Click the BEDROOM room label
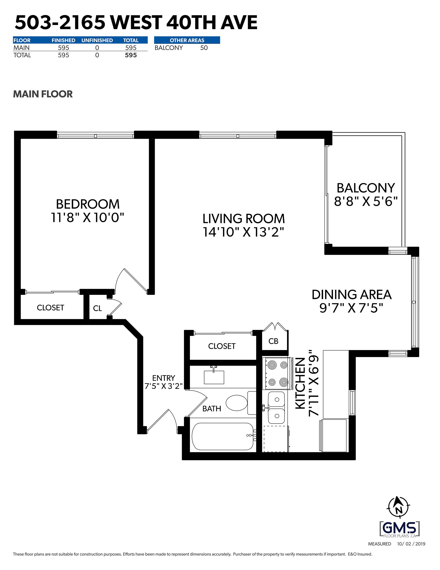click(88, 204)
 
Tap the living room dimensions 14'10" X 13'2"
click(243, 232)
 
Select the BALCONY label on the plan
click(366, 188)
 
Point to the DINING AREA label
click(352, 295)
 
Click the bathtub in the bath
click(222, 436)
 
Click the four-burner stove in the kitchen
click(277, 374)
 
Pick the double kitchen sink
click(276, 408)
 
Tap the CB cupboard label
click(273, 341)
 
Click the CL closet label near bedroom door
click(97, 309)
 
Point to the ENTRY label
click(164, 378)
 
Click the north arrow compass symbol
click(398, 507)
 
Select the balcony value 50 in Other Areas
click(204, 48)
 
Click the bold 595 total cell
click(131, 55)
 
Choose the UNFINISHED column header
click(97, 40)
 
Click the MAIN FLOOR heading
click(43, 94)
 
